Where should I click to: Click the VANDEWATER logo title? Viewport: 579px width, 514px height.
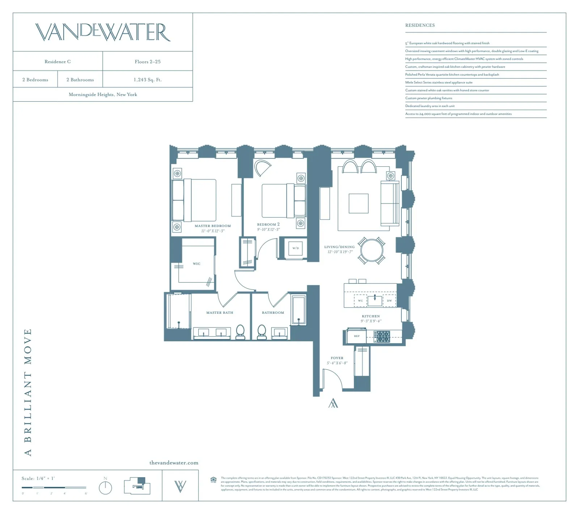(x=103, y=32)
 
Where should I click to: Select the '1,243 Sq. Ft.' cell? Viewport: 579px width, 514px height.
(x=148, y=80)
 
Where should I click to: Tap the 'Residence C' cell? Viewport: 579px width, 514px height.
(x=58, y=61)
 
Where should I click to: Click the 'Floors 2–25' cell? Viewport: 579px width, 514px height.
(x=148, y=61)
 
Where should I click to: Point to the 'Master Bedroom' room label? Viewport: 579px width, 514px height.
(x=213, y=226)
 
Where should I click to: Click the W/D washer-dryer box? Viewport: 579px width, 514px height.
(x=296, y=248)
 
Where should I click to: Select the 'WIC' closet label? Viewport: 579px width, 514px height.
(x=196, y=264)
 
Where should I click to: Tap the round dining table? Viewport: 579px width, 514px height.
(x=372, y=250)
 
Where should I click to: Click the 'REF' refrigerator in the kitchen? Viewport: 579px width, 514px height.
(x=357, y=336)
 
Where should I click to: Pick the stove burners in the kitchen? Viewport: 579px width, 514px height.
(x=382, y=337)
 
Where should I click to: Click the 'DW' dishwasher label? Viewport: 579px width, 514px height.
(x=389, y=301)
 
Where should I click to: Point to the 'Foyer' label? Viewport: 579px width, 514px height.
(x=337, y=358)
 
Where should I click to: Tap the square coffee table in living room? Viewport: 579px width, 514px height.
(x=359, y=204)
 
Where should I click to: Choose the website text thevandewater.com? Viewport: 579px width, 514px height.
(x=174, y=463)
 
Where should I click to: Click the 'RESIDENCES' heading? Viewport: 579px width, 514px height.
(x=420, y=25)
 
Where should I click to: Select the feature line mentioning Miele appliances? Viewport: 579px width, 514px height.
(x=439, y=82)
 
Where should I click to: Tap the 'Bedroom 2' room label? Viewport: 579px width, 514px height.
(x=268, y=224)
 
